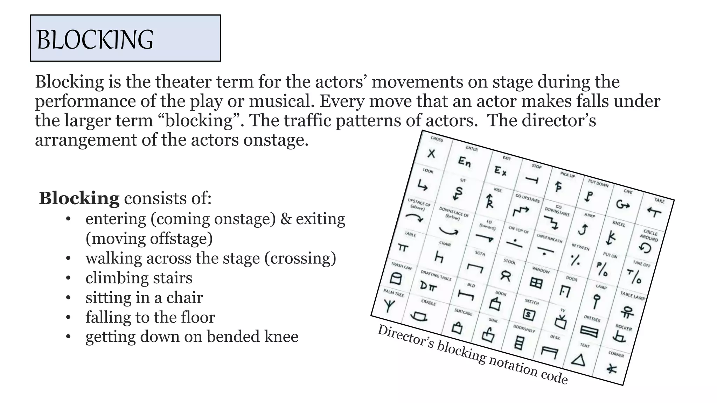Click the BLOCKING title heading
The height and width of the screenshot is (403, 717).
95,39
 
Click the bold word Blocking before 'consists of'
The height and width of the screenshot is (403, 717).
79,198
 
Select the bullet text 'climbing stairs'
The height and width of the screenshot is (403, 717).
139,278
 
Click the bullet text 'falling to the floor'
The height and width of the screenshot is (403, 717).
150,317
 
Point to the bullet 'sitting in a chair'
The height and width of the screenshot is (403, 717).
144,298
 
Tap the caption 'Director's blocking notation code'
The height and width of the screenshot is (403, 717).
472,354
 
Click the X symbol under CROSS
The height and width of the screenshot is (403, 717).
432,153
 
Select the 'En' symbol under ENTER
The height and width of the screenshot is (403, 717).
465,162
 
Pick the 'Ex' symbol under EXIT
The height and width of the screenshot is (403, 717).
500,171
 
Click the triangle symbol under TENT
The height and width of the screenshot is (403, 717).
578,360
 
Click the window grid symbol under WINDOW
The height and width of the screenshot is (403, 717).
536,282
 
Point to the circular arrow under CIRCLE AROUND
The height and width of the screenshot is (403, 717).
645,248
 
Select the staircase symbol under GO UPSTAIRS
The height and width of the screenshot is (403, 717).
521,211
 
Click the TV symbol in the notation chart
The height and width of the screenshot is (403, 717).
561,322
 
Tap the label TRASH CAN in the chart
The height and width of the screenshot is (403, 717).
402,266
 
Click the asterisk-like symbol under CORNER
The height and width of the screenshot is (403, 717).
611,369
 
